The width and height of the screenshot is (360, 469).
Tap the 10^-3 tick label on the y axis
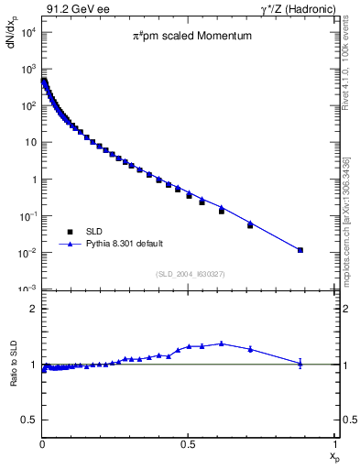coord(27,289)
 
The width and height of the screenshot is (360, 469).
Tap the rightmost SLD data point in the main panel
coord(300,250)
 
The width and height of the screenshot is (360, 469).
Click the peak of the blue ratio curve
coord(221,344)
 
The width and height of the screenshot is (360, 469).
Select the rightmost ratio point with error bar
coord(300,364)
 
